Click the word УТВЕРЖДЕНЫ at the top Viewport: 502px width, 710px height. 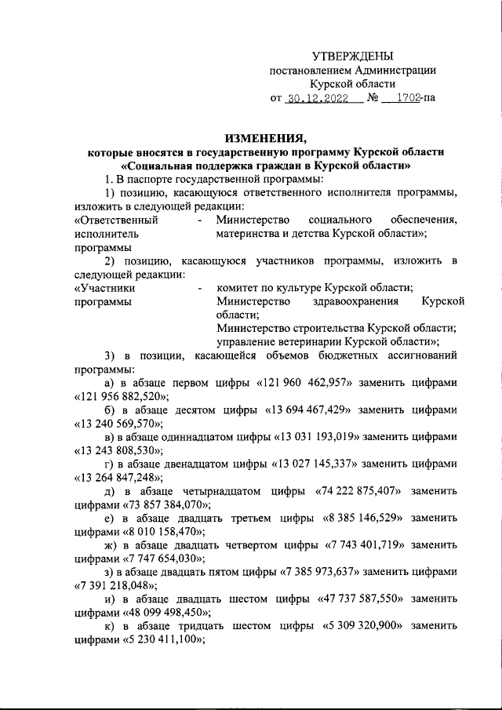coord(353,56)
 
